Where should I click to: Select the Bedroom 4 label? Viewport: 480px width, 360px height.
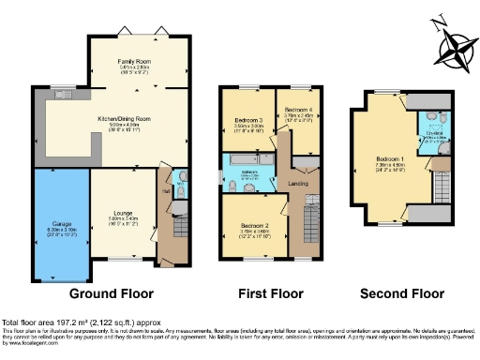point(298,110)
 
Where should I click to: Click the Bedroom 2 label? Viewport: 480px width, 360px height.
point(254,226)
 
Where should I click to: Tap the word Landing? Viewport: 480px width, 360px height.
point(299,182)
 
